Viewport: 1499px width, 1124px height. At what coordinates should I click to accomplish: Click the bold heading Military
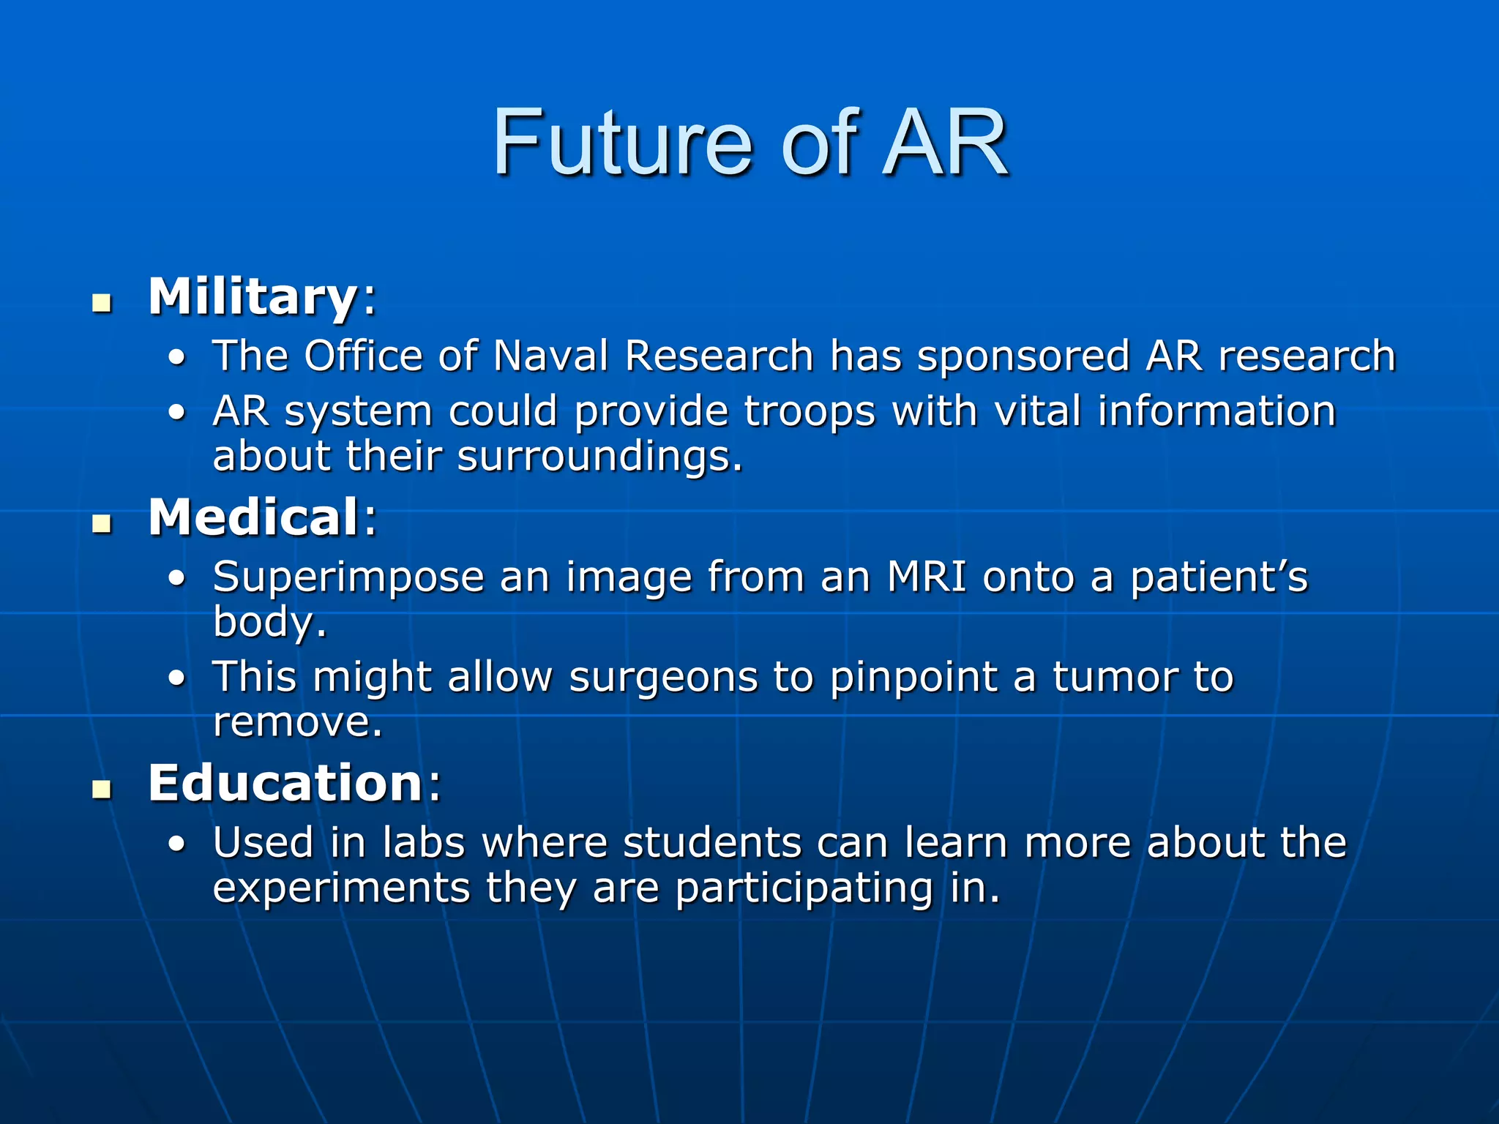[x=253, y=296]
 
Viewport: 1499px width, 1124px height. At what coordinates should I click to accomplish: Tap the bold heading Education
[x=285, y=783]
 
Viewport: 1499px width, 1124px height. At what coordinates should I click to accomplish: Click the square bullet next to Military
[x=102, y=302]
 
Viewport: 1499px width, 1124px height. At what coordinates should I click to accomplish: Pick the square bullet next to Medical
[x=102, y=523]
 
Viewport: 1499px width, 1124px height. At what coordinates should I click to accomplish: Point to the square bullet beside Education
[x=102, y=789]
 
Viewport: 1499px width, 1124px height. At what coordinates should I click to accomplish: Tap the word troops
[x=810, y=412]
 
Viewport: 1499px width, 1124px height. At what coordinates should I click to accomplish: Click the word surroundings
[x=599, y=458]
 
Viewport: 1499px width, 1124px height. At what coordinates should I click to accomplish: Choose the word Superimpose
[x=348, y=578]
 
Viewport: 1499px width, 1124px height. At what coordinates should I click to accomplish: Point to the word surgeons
[x=663, y=678]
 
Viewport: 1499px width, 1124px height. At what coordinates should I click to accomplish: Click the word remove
[x=296, y=723]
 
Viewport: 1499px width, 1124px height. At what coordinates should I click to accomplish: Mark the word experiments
[x=341, y=888]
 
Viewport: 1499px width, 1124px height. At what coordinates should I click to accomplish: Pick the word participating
[x=804, y=890]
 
